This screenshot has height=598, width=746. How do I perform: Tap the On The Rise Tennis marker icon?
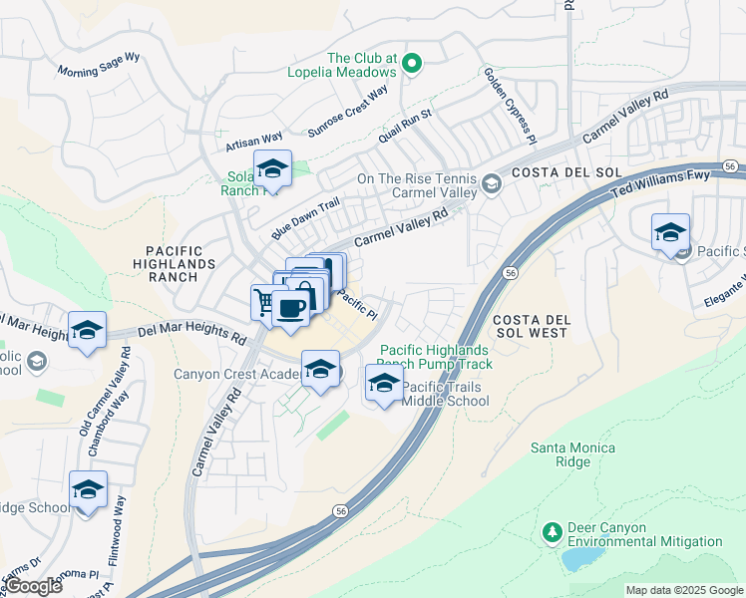pos(491,183)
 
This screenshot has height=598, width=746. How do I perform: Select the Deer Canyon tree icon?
pos(551,533)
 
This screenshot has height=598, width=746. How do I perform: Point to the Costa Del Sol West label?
pos(530,325)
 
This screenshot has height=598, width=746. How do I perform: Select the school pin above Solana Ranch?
pos(271,168)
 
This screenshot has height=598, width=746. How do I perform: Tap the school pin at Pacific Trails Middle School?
pos(385,383)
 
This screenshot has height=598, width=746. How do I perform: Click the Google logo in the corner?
pos(32,586)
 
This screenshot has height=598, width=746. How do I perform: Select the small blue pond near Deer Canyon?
pos(577,559)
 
